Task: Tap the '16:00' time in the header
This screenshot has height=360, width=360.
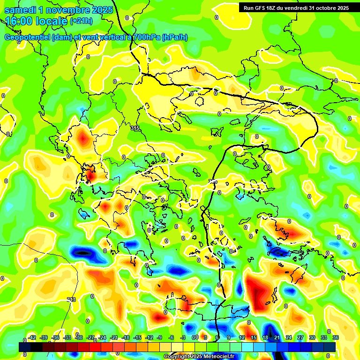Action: coord(19,21)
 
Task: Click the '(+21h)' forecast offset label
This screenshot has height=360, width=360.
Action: coord(81,21)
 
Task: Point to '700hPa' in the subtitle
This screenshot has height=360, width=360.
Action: coord(145,37)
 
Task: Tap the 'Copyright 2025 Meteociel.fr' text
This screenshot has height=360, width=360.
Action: coord(199,357)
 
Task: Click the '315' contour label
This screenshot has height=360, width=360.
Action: coord(135,128)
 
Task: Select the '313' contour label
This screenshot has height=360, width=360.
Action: coord(71,300)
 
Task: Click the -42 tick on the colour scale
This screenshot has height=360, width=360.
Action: coord(32,337)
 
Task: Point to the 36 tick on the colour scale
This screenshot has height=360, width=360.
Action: coord(336,337)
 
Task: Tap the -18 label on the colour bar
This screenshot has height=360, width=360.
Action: coord(126,337)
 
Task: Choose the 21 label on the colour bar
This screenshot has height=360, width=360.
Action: coord(277,337)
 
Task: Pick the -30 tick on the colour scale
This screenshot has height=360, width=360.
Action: coord(79,337)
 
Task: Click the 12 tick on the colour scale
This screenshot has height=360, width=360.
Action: coord(242,337)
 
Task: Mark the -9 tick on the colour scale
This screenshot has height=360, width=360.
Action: coord(160,337)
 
